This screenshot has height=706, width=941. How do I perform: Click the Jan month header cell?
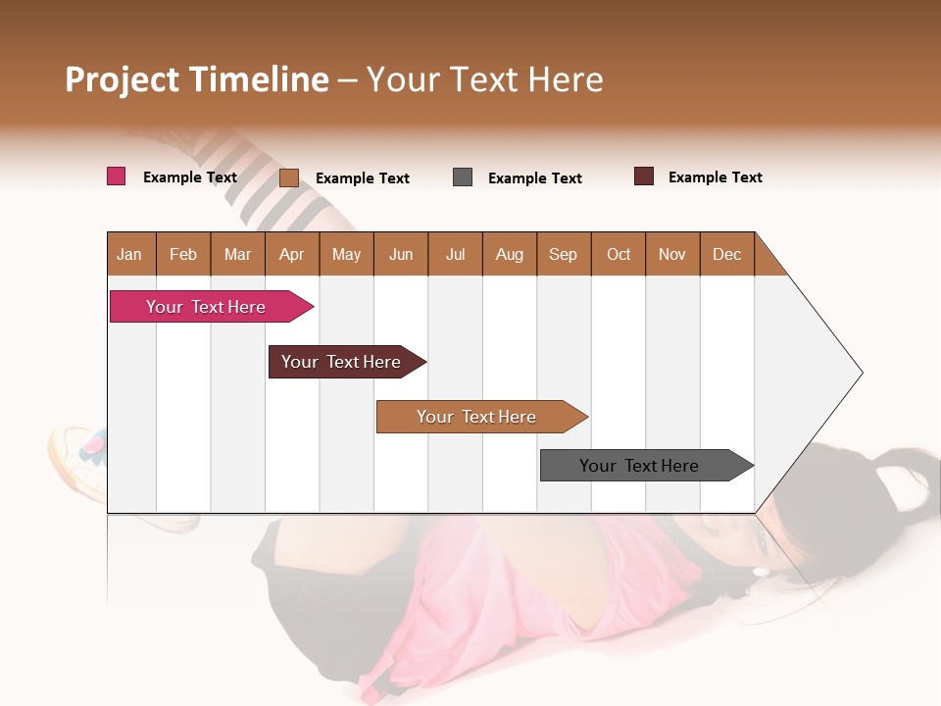pyautogui.click(x=130, y=254)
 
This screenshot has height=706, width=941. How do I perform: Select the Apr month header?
pyautogui.click(x=292, y=254)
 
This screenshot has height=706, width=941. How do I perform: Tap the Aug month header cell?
pyautogui.click(x=510, y=254)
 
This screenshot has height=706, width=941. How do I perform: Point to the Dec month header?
pyautogui.click(x=727, y=254)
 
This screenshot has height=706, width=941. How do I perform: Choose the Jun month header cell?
pyautogui.click(x=401, y=254)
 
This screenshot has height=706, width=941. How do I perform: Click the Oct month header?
pyautogui.click(x=619, y=254)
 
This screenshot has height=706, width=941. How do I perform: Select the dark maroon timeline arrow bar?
pyautogui.click(x=343, y=362)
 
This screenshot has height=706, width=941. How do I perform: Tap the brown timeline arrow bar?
pyautogui.click(x=478, y=417)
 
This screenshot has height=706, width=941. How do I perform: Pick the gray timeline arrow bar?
pyautogui.click(x=642, y=466)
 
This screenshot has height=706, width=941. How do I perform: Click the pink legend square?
pyautogui.click(x=116, y=176)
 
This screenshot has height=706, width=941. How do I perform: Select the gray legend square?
pyautogui.click(x=463, y=177)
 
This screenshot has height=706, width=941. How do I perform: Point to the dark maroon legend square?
pyautogui.click(x=644, y=176)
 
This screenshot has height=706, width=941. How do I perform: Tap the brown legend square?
pyautogui.click(x=289, y=177)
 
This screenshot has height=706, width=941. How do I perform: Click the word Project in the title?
pyautogui.click(x=123, y=79)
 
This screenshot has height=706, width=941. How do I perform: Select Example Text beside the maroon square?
pyautogui.click(x=715, y=177)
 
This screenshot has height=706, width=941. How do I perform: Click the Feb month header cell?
pyautogui.click(x=183, y=254)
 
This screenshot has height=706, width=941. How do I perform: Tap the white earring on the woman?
pyautogui.click(x=760, y=571)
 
